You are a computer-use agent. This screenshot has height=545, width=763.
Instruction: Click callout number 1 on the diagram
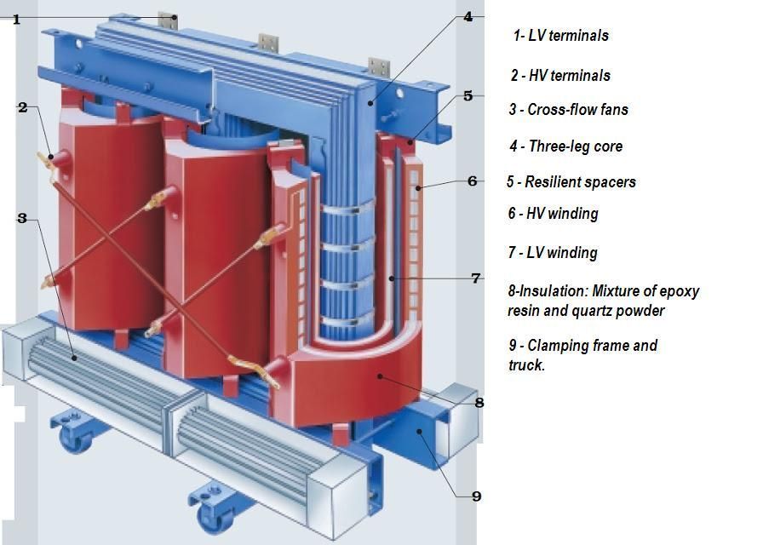pyautogui.click(x=15, y=19)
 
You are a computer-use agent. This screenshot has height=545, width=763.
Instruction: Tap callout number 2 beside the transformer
pyautogui.click(x=22, y=107)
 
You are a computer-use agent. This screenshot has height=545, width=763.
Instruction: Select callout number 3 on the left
pyautogui.click(x=22, y=219)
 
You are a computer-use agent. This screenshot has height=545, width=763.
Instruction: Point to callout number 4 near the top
pyautogui.click(x=468, y=16)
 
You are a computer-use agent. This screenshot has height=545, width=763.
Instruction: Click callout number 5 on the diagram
pyautogui.click(x=468, y=96)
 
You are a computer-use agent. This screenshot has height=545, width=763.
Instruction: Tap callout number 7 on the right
pyautogui.click(x=476, y=278)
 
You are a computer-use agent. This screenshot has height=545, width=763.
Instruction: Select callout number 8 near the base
pyautogui.click(x=479, y=403)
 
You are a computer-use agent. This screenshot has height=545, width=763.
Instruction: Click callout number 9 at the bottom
pyautogui.click(x=476, y=496)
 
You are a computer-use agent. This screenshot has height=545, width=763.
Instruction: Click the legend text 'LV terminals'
pyautogui.click(x=568, y=36)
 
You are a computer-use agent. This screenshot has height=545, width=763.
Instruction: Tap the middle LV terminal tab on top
pyautogui.click(x=269, y=43)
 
